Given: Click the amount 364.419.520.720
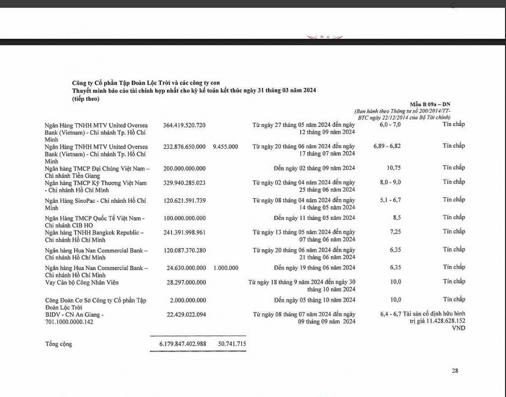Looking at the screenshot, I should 184,124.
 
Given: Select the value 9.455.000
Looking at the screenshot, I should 226,146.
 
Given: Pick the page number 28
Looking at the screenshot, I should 455,371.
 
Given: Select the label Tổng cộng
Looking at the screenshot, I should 58,344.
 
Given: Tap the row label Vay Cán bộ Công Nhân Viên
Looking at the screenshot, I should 81,282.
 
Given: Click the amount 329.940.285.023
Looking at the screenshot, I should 184,182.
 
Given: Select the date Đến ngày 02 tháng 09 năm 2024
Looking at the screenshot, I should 314,167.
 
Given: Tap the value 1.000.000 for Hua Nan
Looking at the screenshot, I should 226,268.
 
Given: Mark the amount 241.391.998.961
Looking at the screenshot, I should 184,232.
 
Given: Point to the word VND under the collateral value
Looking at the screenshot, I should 458,328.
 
